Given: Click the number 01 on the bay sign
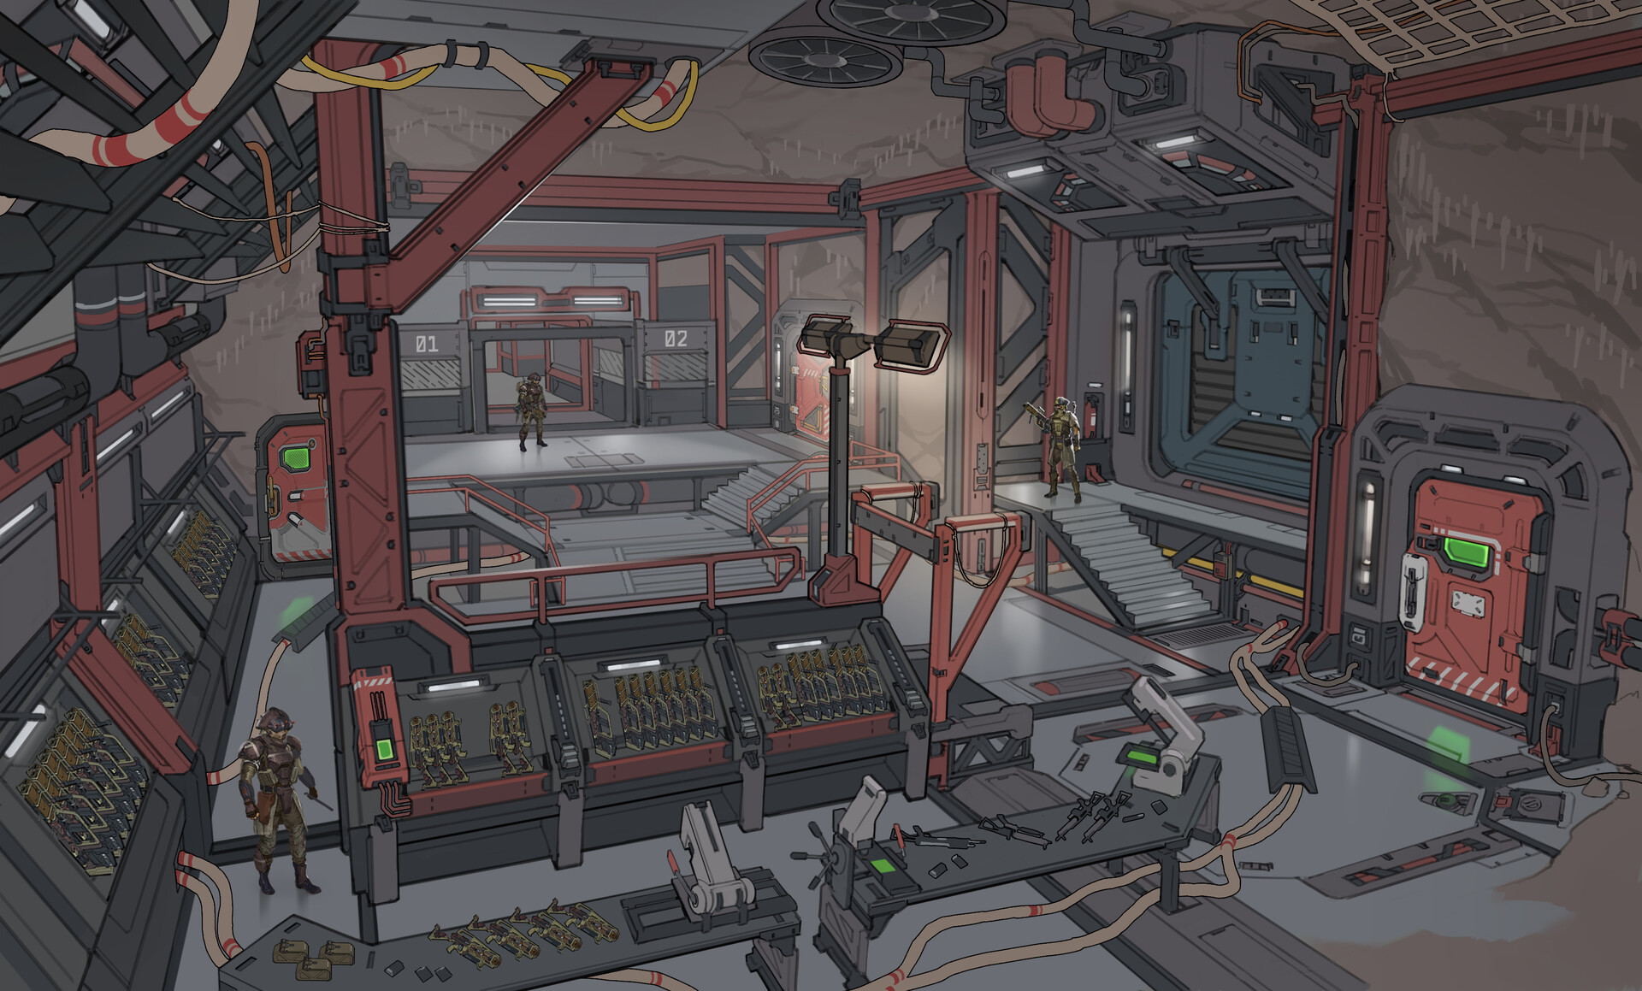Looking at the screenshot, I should (x=426, y=345).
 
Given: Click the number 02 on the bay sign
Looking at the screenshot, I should (x=676, y=339).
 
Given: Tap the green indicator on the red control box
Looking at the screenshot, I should (x=382, y=751).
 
